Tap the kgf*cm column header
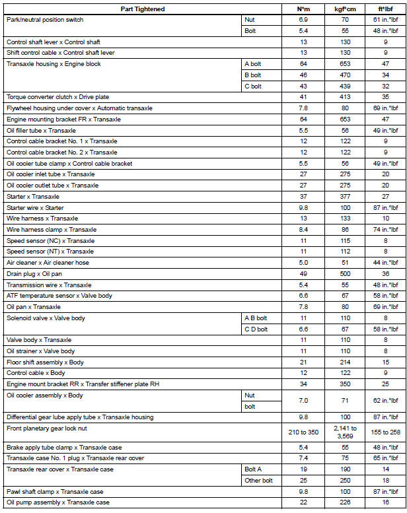tap(345, 9)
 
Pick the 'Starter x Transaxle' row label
tap(32, 197)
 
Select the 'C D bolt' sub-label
tap(256, 329)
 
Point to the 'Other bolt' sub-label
tap(258, 481)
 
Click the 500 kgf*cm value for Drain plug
tap(345, 273)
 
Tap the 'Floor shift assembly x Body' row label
tap(45, 362)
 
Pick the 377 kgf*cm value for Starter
tap(345, 197)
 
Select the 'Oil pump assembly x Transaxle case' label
tap(57, 502)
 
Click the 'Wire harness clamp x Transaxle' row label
tap(51, 229)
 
